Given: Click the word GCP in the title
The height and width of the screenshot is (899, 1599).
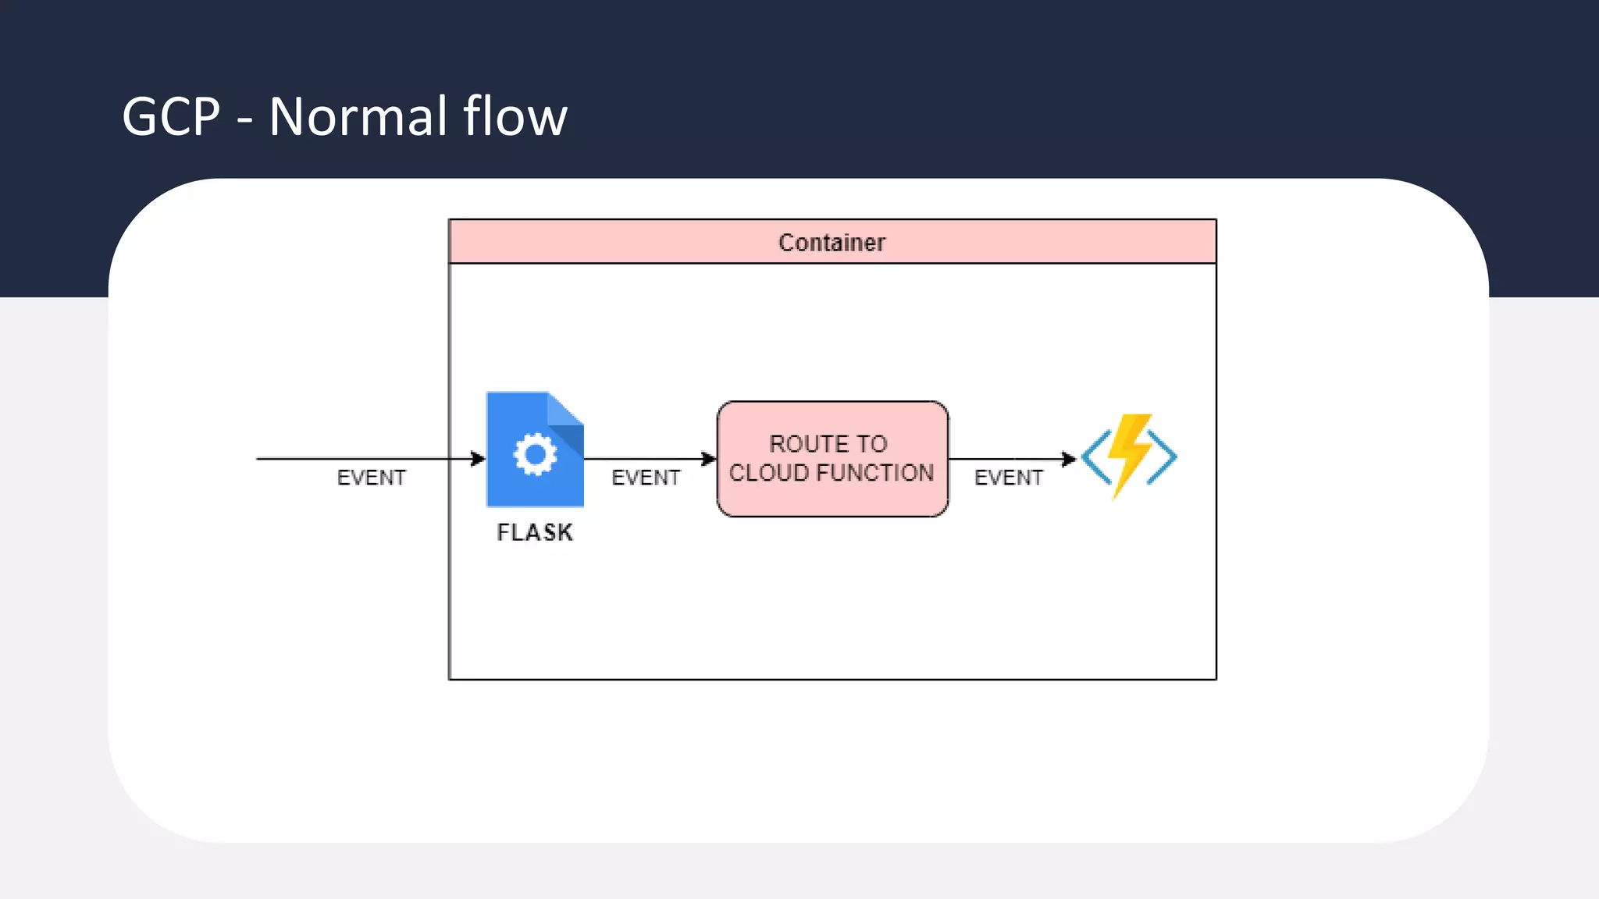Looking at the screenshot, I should (171, 117).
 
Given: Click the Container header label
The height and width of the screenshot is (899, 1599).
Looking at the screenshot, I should (832, 243).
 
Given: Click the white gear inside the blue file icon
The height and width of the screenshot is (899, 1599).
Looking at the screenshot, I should (535, 454).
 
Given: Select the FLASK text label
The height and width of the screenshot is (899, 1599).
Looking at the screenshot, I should (535, 532).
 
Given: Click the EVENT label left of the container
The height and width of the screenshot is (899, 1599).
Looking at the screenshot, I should (371, 478).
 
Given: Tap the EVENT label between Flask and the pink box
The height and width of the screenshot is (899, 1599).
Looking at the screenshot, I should (646, 478).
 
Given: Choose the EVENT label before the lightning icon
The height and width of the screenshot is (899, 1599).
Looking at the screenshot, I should (1008, 478).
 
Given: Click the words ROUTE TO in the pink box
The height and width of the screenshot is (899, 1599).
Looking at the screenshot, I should (828, 444).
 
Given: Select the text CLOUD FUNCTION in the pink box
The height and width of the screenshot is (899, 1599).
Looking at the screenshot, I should (832, 473).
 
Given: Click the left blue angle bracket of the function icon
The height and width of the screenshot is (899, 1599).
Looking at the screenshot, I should (1095, 458).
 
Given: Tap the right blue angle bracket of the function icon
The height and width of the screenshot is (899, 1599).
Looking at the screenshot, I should (1163, 458).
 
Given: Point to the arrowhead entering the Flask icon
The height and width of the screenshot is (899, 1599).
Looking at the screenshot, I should (478, 459).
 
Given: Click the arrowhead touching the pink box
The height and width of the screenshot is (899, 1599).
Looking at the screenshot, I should (709, 459).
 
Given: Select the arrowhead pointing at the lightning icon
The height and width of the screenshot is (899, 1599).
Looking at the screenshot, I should (1069, 459).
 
